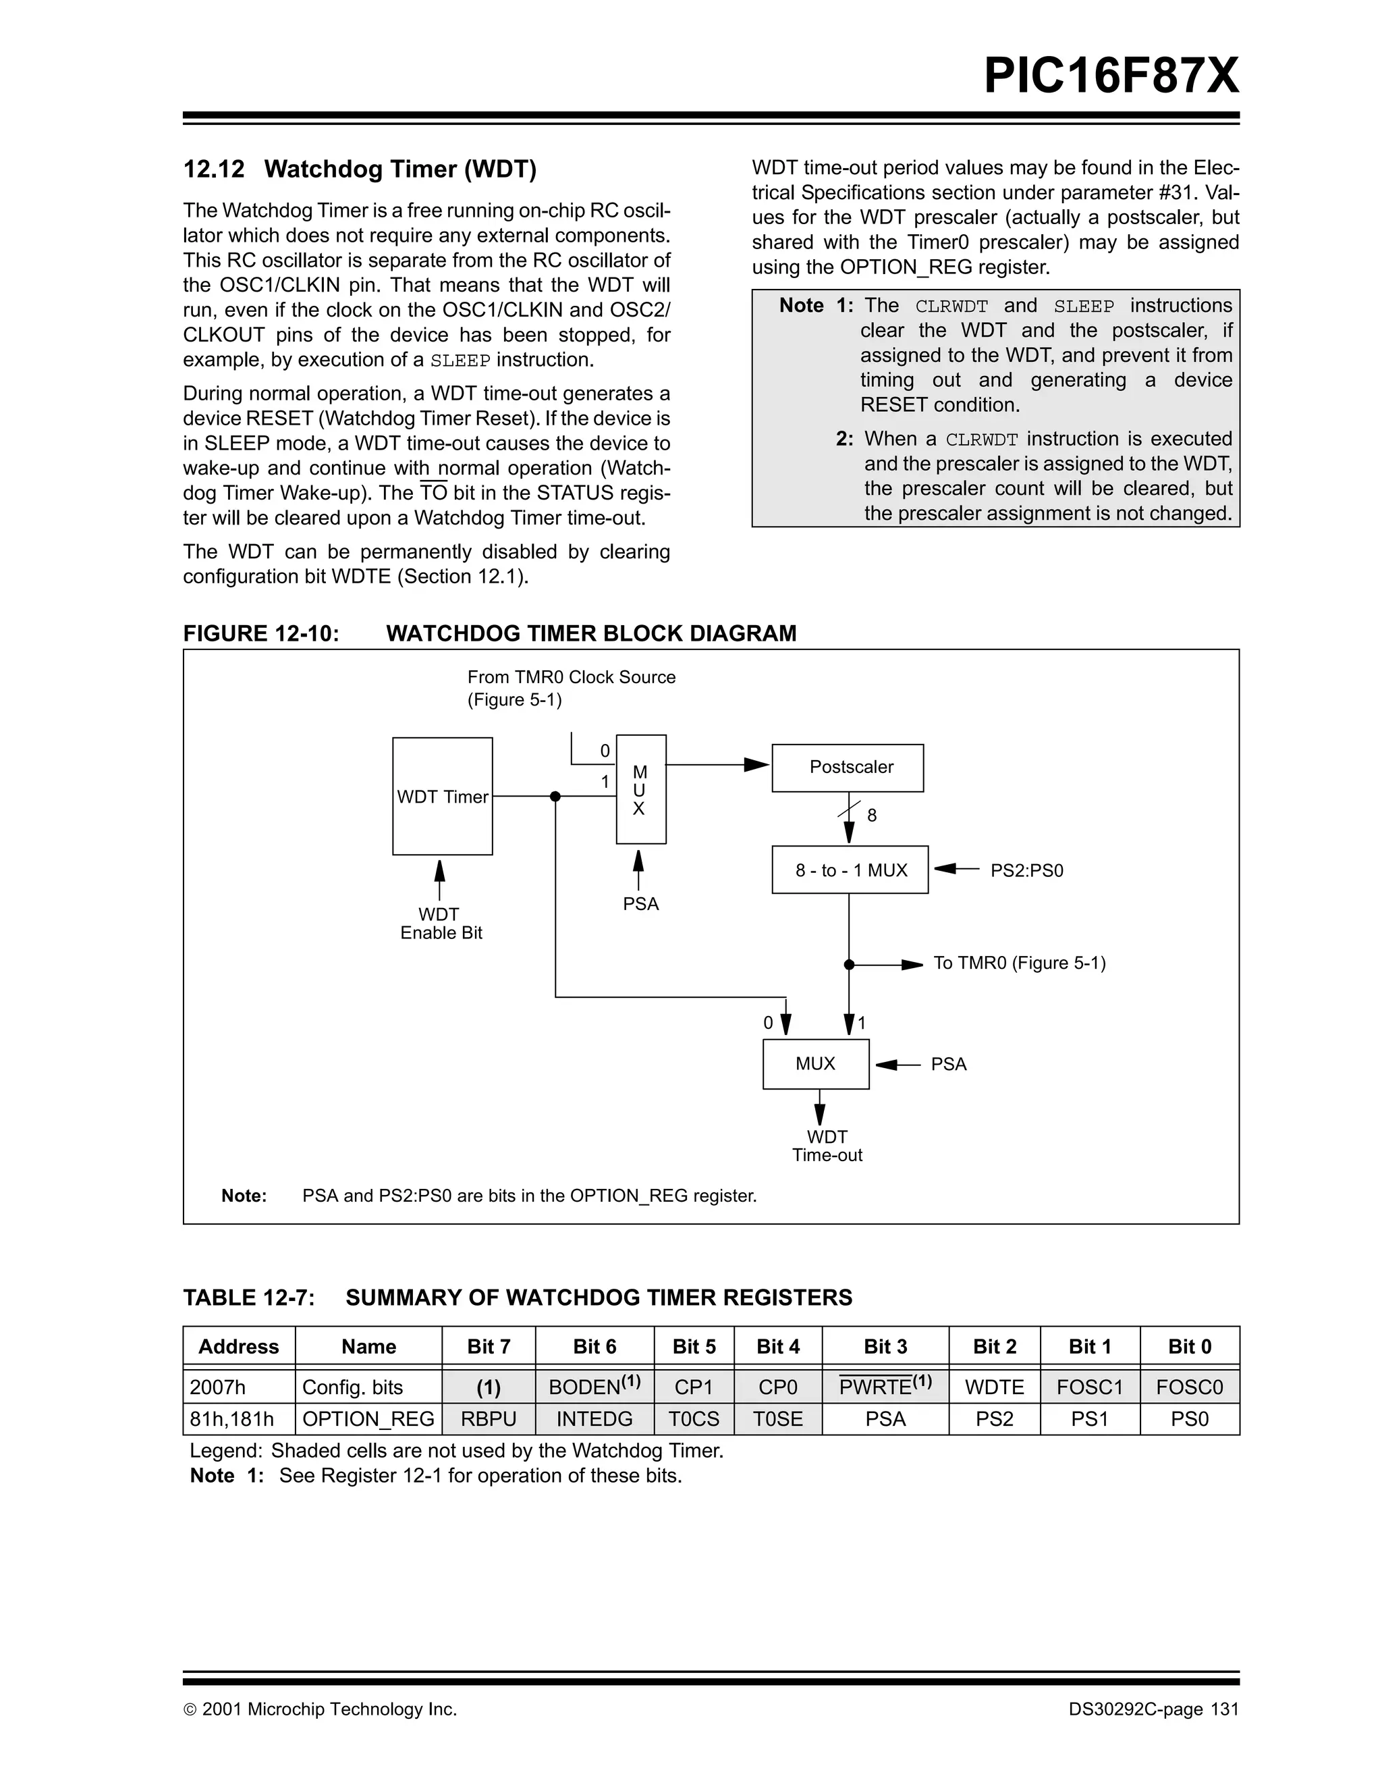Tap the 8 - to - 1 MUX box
pyautogui.click(x=850, y=870)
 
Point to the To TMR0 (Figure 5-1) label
pyautogui.click(x=1019, y=963)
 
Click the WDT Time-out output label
pyautogui.click(x=827, y=1146)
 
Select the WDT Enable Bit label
pyautogui.click(x=441, y=924)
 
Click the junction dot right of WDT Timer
pyautogui.click(x=555, y=796)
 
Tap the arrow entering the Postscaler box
pyautogui.click(x=756, y=765)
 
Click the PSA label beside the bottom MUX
pyautogui.click(x=949, y=1064)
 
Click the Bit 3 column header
pyautogui.click(x=885, y=1347)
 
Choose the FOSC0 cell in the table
pyautogui.click(x=1189, y=1387)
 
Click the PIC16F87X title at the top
pyautogui.click(x=1111, y=76)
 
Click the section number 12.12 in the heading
pyautogui.click(x=213, y=169)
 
